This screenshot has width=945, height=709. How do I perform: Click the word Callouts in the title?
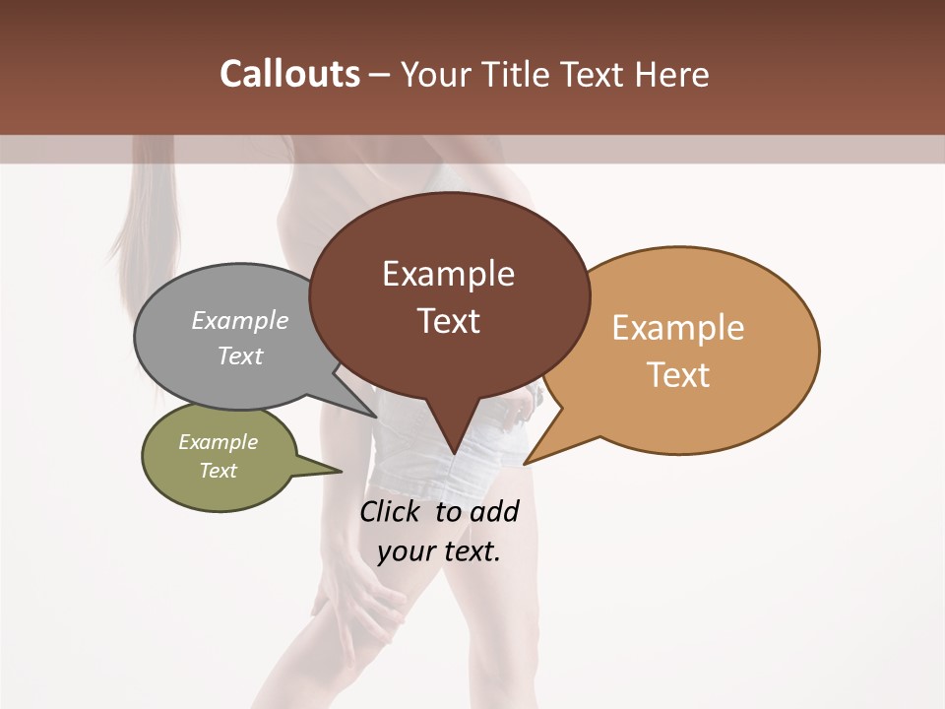[289, 74]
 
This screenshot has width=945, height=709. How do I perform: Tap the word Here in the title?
[672, 75]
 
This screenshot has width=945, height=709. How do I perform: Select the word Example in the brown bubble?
[448, 274]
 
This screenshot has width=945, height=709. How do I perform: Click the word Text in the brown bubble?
[449, 321]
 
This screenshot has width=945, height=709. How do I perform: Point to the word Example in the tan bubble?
[678, 328]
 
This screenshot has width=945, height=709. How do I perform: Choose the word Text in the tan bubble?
[679, 375]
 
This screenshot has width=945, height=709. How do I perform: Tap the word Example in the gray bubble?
[239, 321]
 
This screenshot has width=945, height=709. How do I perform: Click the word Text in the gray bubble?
[240, 355]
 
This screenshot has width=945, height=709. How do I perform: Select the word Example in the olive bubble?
[218, 442]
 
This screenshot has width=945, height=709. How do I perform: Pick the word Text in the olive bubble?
[219, 471]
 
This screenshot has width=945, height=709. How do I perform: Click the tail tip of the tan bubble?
[525, 463]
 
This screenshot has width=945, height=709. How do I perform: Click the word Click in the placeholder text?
[391, 512]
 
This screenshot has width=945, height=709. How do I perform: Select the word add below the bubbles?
[493, 512]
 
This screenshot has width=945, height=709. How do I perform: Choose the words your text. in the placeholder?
[439, 551]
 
